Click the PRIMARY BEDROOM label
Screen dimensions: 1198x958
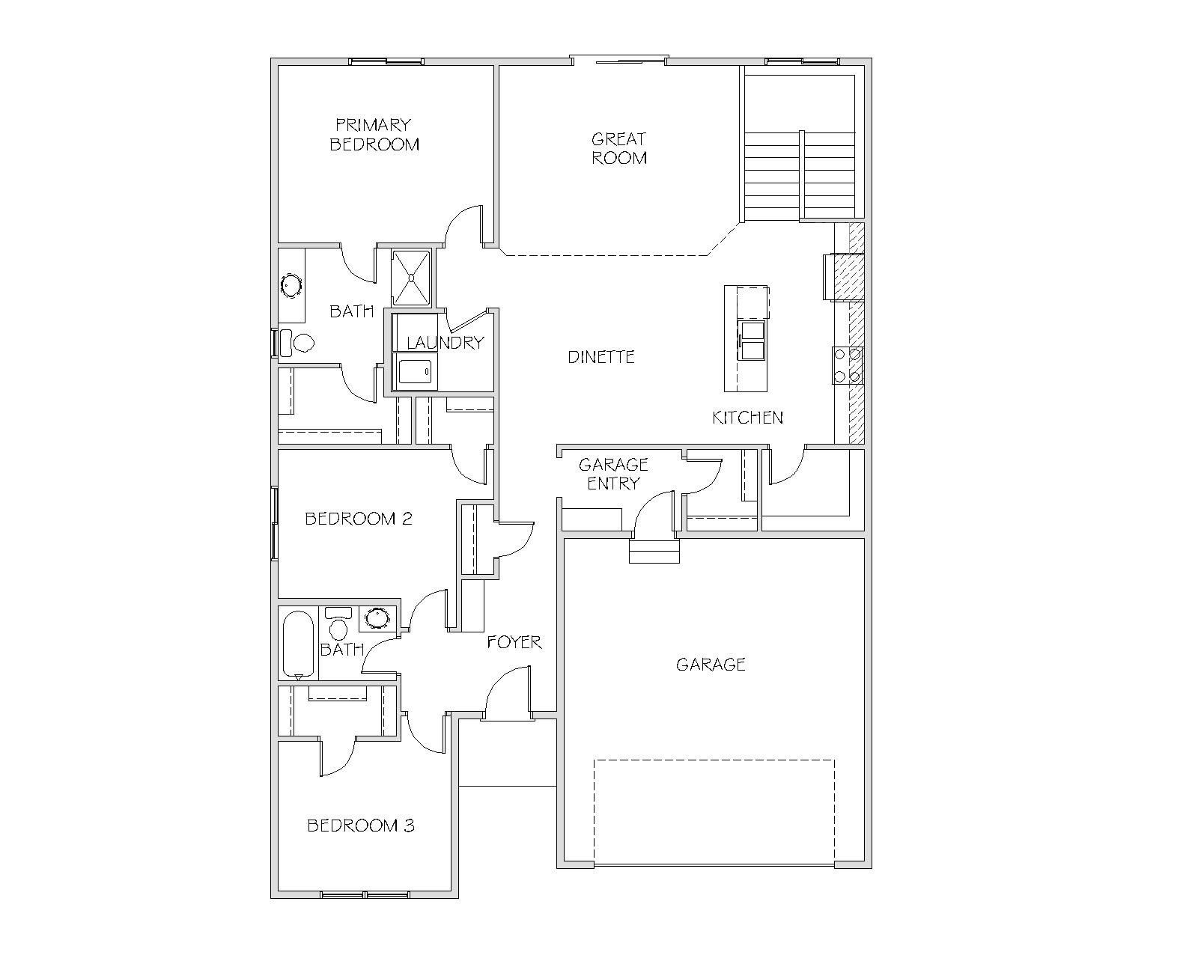[374, 134]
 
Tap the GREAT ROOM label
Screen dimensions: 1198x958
[619, 148]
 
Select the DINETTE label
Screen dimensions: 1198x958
[601, 357]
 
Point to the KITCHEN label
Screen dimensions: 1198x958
[748, 418]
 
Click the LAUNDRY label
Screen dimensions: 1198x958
[446, 342]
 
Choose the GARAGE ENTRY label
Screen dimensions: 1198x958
[613, 474]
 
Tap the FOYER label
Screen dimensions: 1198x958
[514, 642]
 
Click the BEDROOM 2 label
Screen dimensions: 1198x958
[359, 519]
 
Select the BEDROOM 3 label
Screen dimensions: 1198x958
[361, 826]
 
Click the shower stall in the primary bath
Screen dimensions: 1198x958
[411, 277]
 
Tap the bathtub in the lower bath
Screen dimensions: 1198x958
[299, 645]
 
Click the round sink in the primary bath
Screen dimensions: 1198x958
[291, 286]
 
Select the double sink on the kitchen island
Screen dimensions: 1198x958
[752, 340]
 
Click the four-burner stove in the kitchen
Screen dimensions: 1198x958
[848, 365]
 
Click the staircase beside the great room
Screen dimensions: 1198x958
[800, 175]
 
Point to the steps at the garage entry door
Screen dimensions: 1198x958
[654, 551]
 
